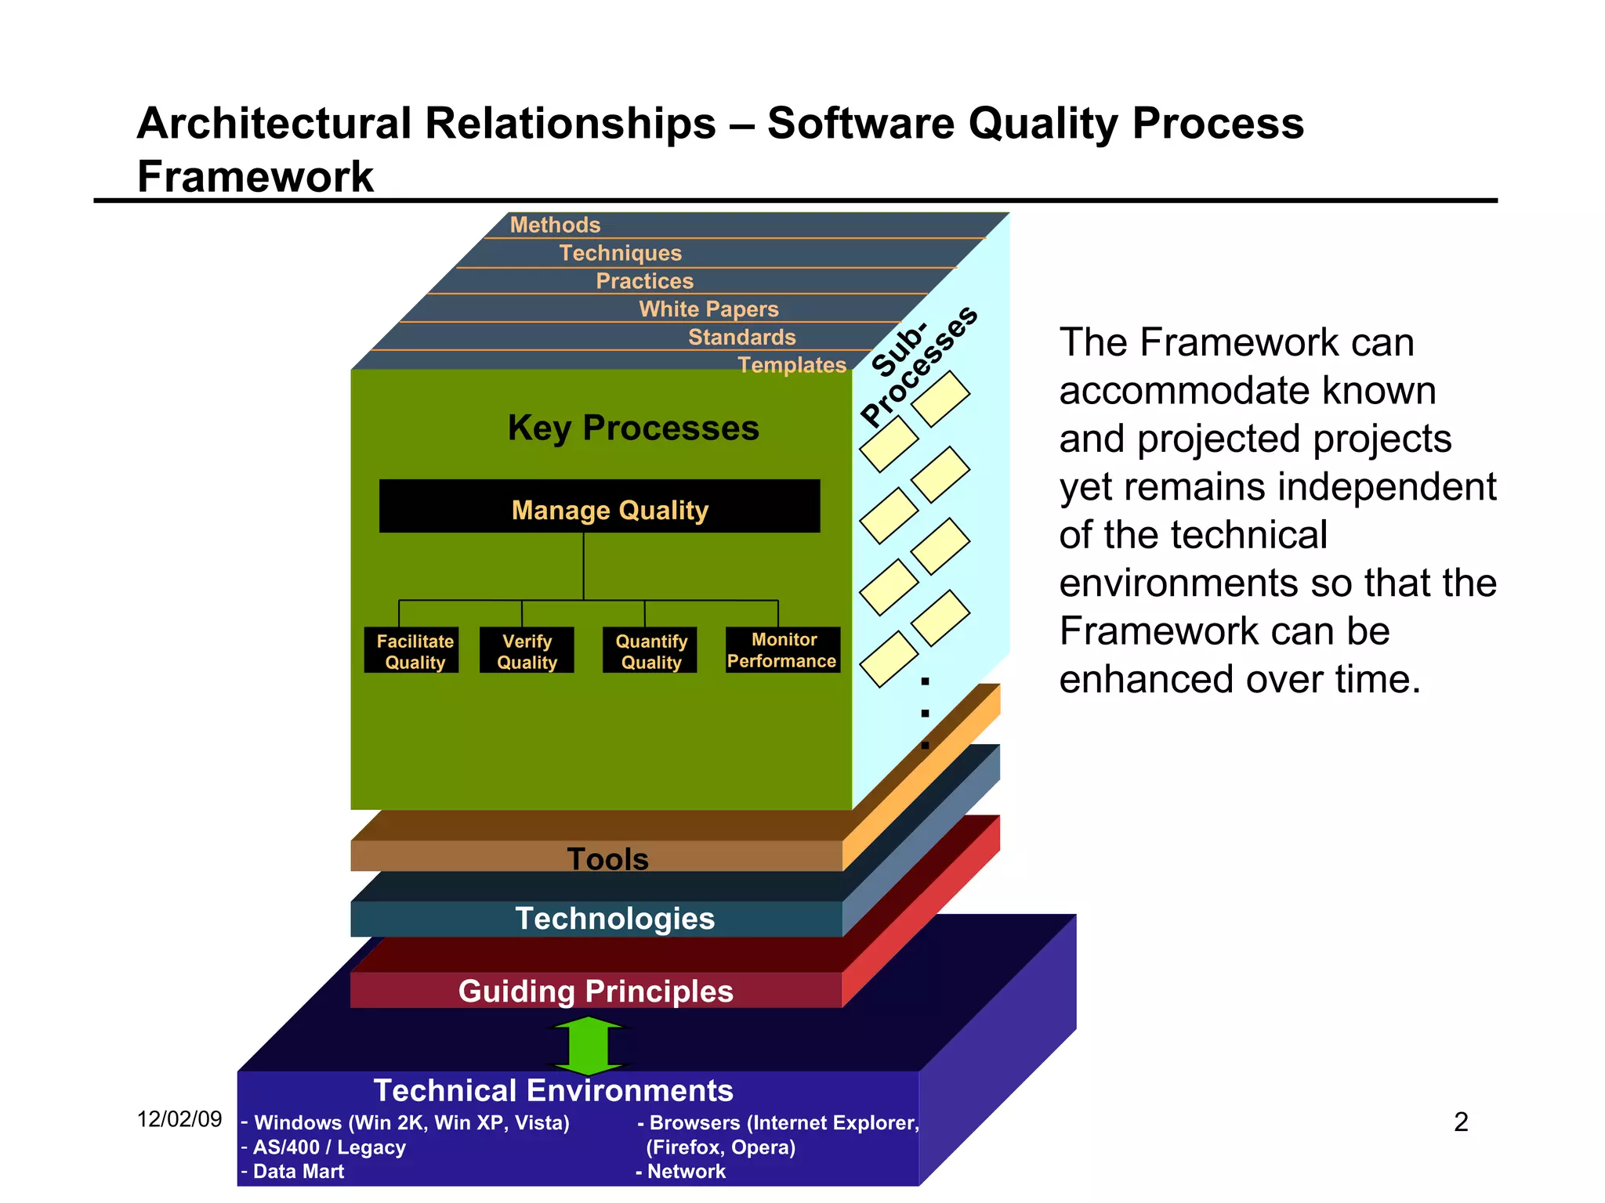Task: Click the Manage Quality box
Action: (x=600, y=507)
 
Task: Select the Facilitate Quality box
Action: (x=411, y=650)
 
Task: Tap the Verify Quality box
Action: (x=527, y=650)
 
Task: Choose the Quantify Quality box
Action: (x=650, y=650)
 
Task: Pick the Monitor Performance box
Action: (x=782, y=649)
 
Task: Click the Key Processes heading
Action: (x=633, y=428)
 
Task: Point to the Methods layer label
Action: (x=555, y=225)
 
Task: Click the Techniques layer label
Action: (x=620, y=253)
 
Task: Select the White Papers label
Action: (x=708, y=309)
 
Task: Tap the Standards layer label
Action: (x=741, y=337)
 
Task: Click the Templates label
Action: (x=792, y=365)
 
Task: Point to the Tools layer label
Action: (x=607, y=859)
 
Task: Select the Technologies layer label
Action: (x=614, y=919)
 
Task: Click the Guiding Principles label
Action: (x=596, y=992)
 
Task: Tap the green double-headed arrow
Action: (x=589, y=1045)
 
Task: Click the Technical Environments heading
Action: (x=553, y=1090)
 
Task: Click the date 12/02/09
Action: (x=179, y=1119)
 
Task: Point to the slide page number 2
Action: (x=1461, y=1122)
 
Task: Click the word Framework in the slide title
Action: (x=255, y=176)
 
